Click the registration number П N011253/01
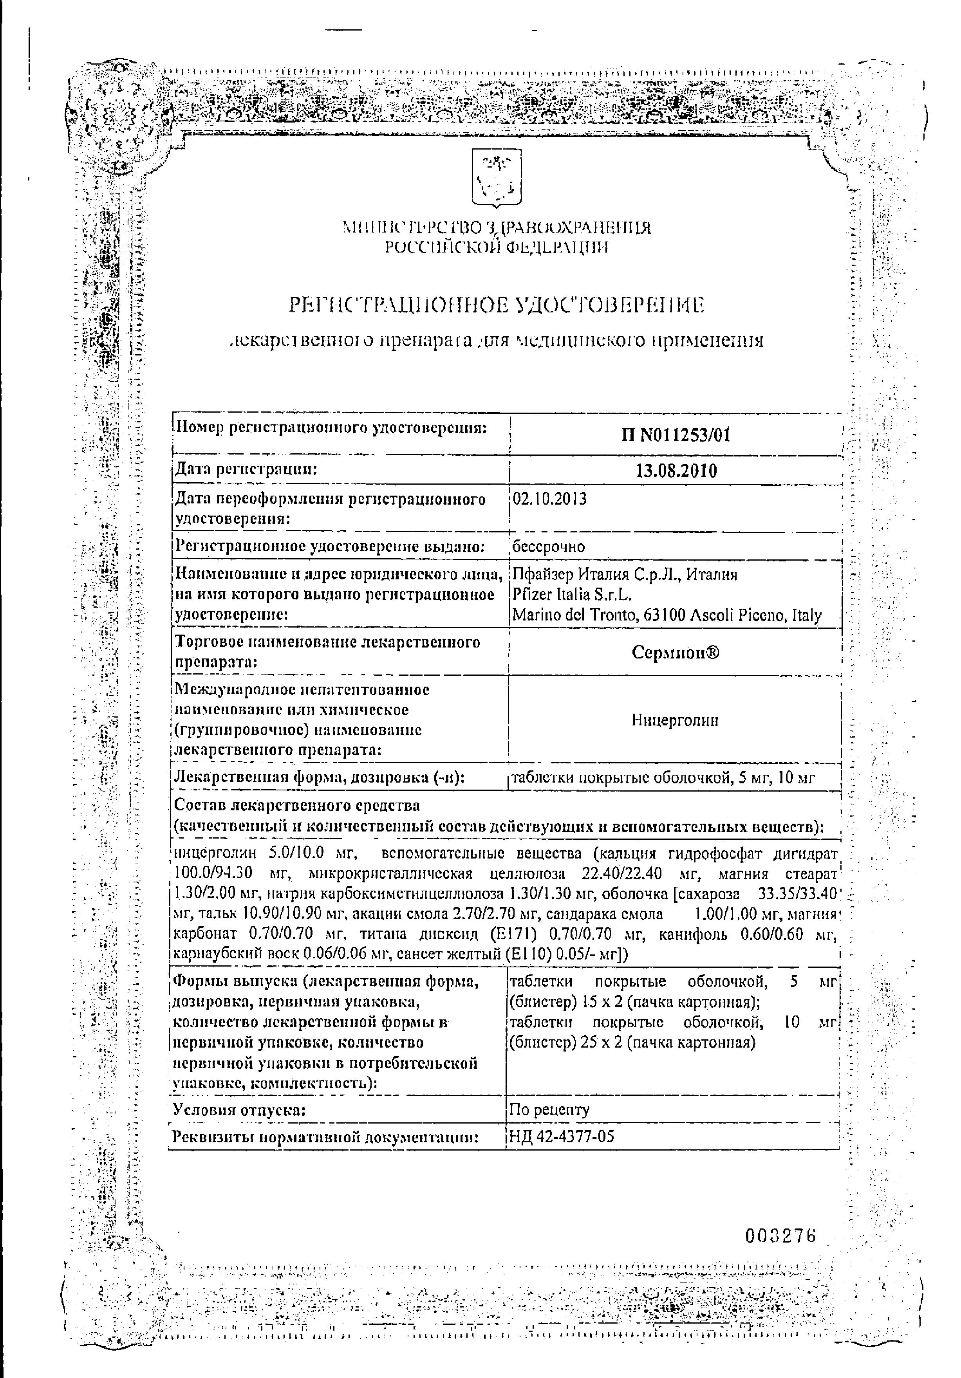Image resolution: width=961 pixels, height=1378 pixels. [676, 435]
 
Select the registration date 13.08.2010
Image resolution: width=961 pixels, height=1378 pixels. [676, 471]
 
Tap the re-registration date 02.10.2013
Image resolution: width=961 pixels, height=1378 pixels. [549, 499]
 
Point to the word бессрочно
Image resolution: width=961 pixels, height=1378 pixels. [548, 546]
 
